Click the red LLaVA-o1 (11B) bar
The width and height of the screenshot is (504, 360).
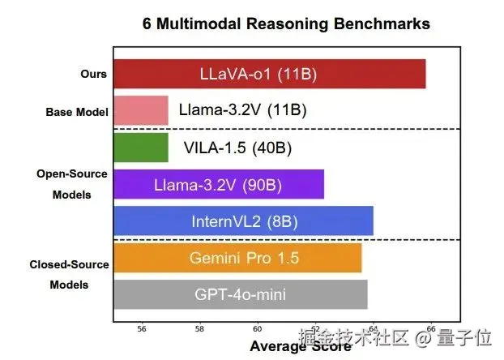[x=269, y=75]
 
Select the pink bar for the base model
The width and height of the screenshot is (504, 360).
[x=140, y=110]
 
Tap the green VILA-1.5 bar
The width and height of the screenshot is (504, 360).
[x=140, y=148]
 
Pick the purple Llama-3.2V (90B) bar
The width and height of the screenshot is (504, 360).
[x=218, y=184]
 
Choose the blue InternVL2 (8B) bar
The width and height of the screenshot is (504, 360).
[x=243, y=221]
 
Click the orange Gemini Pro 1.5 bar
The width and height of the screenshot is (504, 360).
[x=237, y=258]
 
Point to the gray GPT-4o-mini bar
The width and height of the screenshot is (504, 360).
[x=240, y=294]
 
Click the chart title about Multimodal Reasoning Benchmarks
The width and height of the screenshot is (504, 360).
[x=286, y=24]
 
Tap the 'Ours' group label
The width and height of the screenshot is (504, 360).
[x=93, y=74]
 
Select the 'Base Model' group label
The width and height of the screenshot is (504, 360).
[x=76, y=111]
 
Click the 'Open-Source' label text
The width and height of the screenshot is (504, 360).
[x=72, y=174]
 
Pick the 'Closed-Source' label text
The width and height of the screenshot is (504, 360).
[x=69, y=264]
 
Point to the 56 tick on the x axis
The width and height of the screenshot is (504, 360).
[x=142, y=328]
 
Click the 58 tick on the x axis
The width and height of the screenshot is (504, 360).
[x=199, y=328]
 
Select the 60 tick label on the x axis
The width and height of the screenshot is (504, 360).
[x=258, y=328]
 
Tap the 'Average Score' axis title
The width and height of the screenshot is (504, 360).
[x=300, y=347]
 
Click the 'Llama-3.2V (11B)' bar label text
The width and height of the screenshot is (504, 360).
[x=243, y=110]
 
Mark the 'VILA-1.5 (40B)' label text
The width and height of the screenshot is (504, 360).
[x=237, y=148]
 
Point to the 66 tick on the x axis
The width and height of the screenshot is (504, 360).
[x=431, y=328]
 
